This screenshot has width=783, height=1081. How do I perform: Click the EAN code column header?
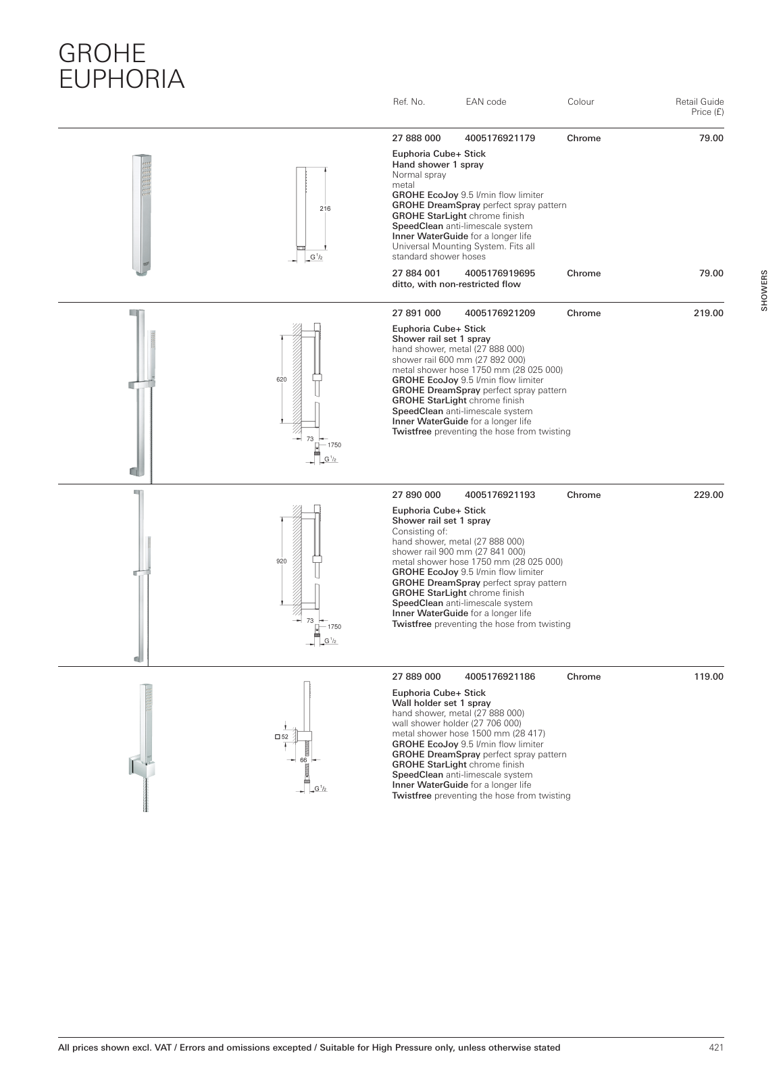pyautogui.click(x=485, y=102)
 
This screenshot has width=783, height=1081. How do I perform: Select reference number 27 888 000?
pyautogui.click(x=416, y=139)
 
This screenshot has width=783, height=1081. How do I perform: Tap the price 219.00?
pyautogui.click(x=708, y=313)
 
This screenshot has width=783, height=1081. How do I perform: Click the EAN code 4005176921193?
pyautogui.click(x=500, y=495)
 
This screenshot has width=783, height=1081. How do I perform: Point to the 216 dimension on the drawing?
pyautogui.click(x=325, y=209)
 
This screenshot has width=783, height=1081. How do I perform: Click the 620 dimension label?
pyautogui.click(x=282, y=380)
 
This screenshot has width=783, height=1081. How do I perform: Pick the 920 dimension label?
pyautogui.click(x=282, y=561)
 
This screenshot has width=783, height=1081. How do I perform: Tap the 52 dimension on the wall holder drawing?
pyautogui.click(x=284, y=736)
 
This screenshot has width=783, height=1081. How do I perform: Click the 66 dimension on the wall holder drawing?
pyautogui.click(x=303, y=760)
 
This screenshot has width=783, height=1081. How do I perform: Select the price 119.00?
pyautogui.click(x=708, y=677)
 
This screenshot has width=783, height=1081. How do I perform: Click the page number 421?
pyautogui.click(x=716, y=1048)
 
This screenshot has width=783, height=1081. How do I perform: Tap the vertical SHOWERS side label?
pyautogui.click(x=765, y=291)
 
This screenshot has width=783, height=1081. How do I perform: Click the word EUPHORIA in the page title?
pyautogui.click(x=122, y=79)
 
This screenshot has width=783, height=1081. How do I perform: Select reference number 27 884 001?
pyautogui.click(x=416, y=274)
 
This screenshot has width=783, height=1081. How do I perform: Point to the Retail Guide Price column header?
pyautogui.click(x=699, y=107)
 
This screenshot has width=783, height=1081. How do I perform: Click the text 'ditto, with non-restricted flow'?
pyautogui.click(x=456, y=284)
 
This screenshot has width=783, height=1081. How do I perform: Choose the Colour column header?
pyautogui.click(x=580, y=102)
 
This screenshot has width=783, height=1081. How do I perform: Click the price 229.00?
pyautogui.click(x=708, y=495)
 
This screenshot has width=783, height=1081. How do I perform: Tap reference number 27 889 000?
pyautogui.click(x=416, y=677)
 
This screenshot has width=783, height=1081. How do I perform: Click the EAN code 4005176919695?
pyautogui.click(x=500, y=274)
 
